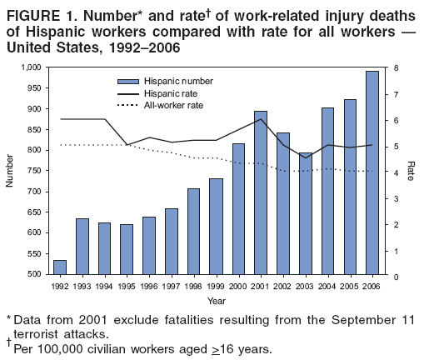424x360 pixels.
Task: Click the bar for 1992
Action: click(60, 267)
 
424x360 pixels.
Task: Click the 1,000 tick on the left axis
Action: click(30, 67)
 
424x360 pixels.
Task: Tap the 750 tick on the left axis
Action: click(33, 171)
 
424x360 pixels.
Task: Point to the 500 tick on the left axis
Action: click(33, 274)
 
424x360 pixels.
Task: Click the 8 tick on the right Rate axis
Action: click(395, 67)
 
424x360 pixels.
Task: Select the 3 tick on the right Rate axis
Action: click(395, 197)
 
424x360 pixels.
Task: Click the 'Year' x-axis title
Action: click(216, 300)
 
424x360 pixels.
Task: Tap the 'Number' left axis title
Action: click(10, 171)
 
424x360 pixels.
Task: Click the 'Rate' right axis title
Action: click(414, 171)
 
